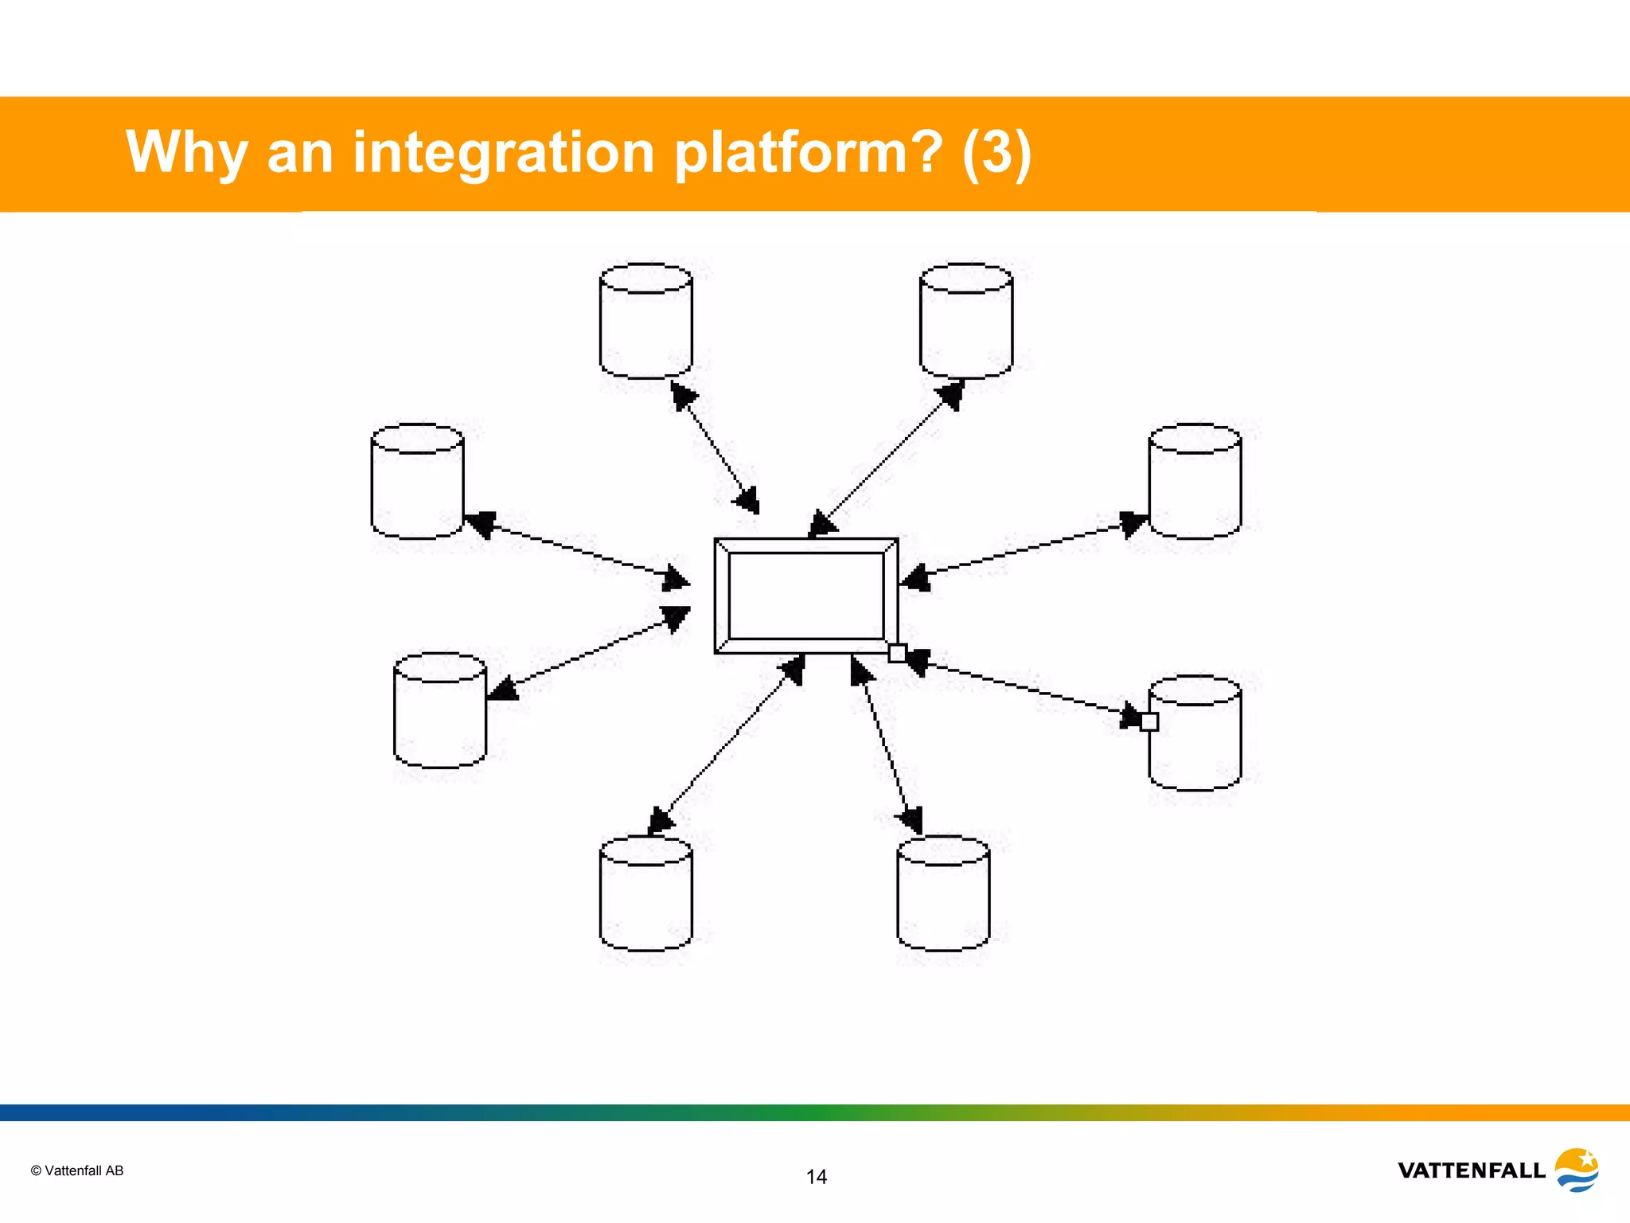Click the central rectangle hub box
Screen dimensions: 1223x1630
click(806, 596)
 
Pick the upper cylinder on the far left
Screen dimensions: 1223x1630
click(417, 482)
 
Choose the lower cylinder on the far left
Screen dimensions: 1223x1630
click(439, 711)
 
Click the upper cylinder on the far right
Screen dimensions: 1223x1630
click(1195, 482)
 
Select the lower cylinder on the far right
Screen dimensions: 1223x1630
click(1195, 733)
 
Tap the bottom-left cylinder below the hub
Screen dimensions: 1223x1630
click(645, 893)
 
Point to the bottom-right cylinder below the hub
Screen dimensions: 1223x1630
click(943, 893)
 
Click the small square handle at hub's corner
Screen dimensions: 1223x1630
click(897, 653)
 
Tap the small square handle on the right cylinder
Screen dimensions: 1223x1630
click(1149, 721)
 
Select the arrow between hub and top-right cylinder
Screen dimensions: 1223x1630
click(886, 458)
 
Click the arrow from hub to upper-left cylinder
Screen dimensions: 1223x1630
click(576, 549)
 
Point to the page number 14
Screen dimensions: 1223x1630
click(816, 1177)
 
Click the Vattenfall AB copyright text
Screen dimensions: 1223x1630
click(77, 1170)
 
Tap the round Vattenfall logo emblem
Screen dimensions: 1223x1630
click(1577, 1170)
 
